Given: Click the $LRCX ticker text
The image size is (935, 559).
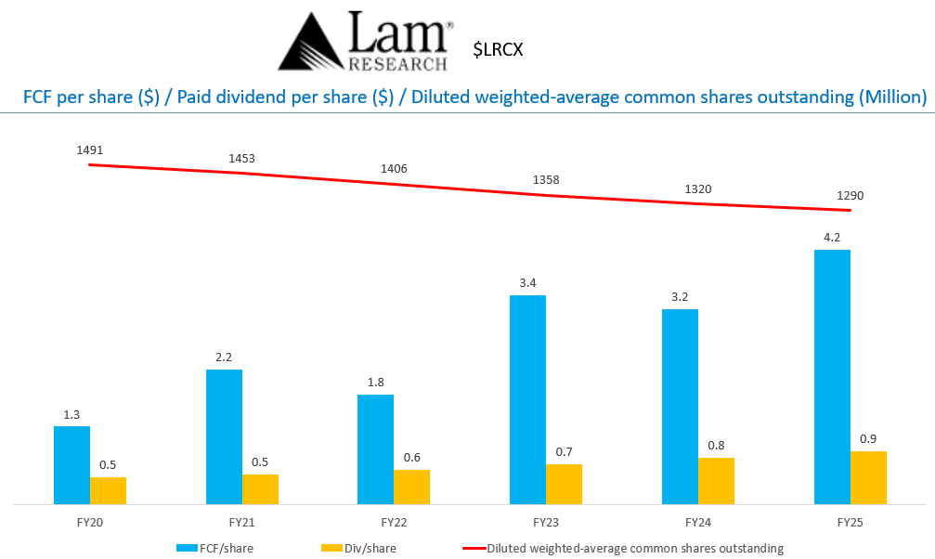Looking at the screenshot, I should coord(498,49).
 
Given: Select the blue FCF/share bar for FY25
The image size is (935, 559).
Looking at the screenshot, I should coord(832,376).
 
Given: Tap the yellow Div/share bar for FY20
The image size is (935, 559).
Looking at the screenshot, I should coord(108,490).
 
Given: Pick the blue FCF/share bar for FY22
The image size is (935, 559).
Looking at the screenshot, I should coord(375,449).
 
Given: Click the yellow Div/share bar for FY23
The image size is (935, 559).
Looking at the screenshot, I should coord(564,484).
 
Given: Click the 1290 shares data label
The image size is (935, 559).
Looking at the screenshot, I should coord(849,196).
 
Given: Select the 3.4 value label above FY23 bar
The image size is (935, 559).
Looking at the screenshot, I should coord(526,282).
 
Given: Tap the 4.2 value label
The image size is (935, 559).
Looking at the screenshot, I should coord(831,237).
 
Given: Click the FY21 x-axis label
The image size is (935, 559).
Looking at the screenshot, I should coord(241,524).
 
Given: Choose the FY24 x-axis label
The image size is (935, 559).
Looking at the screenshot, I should coord(697,524).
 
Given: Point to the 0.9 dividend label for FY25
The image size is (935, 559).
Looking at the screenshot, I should coord(868,438).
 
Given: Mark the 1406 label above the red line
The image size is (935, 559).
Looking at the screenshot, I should coord(394,168).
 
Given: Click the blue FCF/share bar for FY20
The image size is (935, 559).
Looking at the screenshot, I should coord(71,464).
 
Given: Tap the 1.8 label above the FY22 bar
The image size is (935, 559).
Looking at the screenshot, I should coord(375,382).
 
